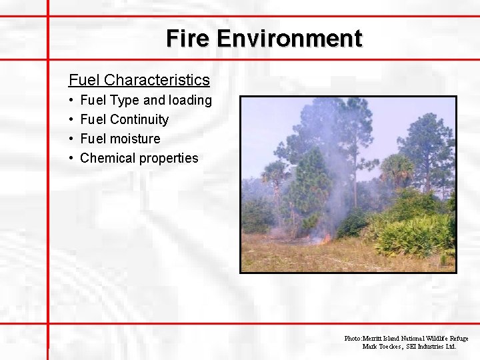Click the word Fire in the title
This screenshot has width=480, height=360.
point(189,38)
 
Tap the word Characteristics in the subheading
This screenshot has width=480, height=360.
point(157,80)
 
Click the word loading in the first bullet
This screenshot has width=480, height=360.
point(190,100)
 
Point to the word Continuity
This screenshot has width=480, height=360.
point(139,119)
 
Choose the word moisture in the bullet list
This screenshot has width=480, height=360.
point(135,139)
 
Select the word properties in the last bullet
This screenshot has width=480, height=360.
point(169,158)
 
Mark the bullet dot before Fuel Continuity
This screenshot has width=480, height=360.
point(71,119)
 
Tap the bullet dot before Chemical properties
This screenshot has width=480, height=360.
point(71,158)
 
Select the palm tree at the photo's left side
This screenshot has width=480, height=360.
point(274,175)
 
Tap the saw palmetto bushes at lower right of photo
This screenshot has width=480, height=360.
point(413,233)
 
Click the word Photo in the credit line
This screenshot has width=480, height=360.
point(352,339)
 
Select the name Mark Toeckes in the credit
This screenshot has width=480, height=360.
point(382,347)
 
